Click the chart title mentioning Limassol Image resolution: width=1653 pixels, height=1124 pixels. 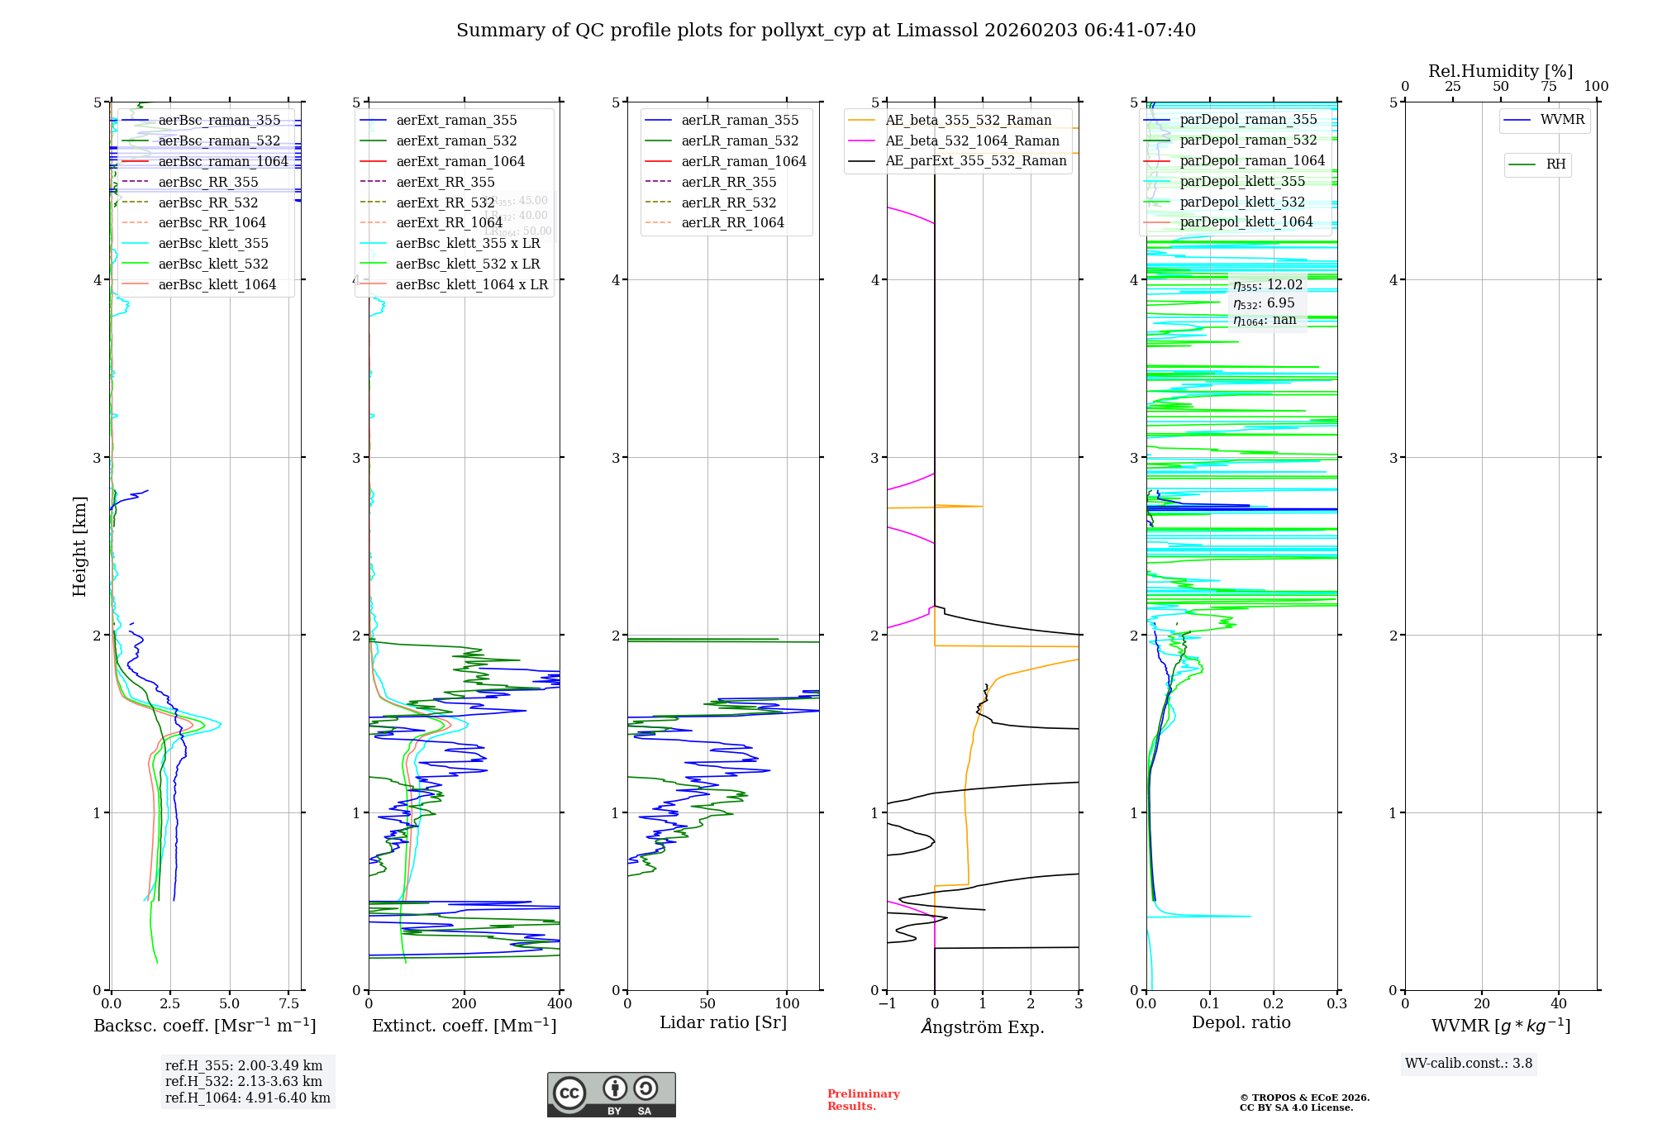coord(826,31)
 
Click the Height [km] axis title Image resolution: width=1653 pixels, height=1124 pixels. coord(79,545)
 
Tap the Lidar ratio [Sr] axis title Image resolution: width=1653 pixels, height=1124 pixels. coord(723,1022)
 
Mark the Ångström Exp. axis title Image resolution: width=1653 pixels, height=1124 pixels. coord(983,1026)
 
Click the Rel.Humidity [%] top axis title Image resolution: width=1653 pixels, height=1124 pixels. coord(1500,71)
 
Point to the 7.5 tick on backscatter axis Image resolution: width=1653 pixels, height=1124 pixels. coord(288,1003)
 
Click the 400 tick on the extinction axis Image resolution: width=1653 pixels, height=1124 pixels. coord(560,1003)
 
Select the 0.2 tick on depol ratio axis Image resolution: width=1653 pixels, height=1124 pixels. coord(1274,1003)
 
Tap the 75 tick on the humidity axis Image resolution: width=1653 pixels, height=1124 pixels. coord(1548,87)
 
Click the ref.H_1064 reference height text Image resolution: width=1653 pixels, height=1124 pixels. coord(247,1098)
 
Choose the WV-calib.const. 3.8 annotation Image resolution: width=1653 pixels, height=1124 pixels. coord(1469,1063)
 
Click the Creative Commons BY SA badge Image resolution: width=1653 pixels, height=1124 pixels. coord(611,1094)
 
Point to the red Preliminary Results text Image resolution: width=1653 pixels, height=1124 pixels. coord(863,1099)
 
